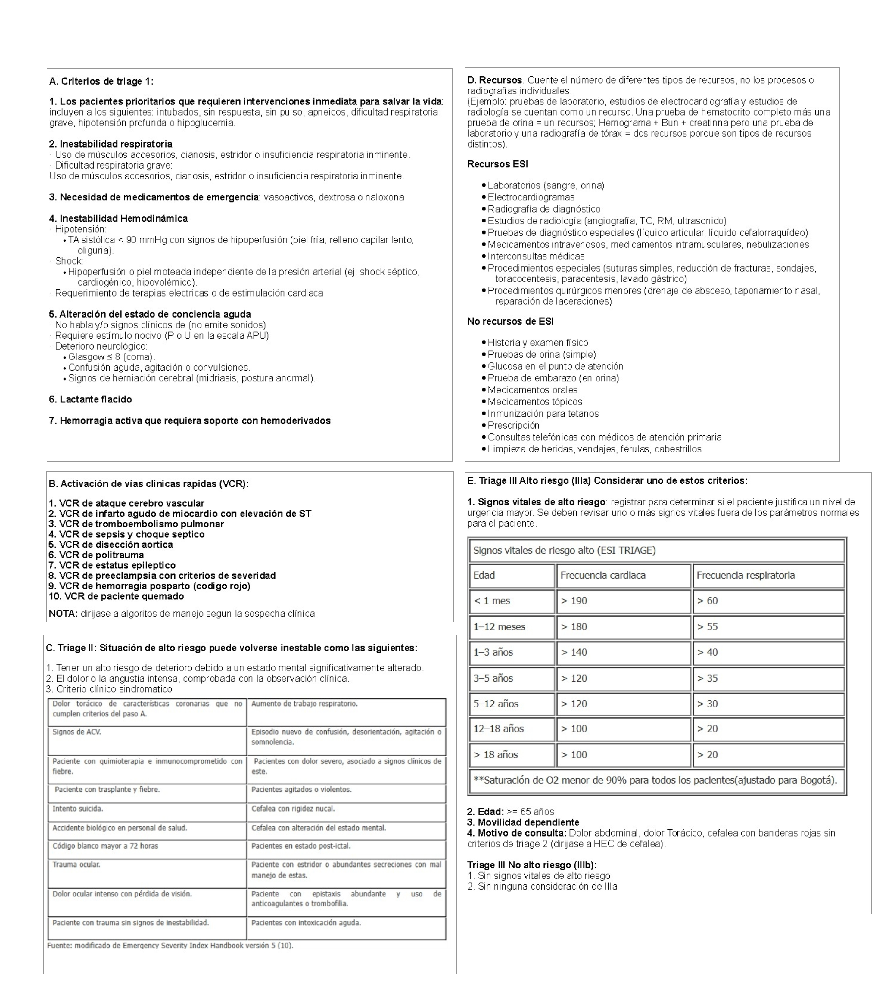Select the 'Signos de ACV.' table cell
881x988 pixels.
76,732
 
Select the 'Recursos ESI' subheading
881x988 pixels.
497,164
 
